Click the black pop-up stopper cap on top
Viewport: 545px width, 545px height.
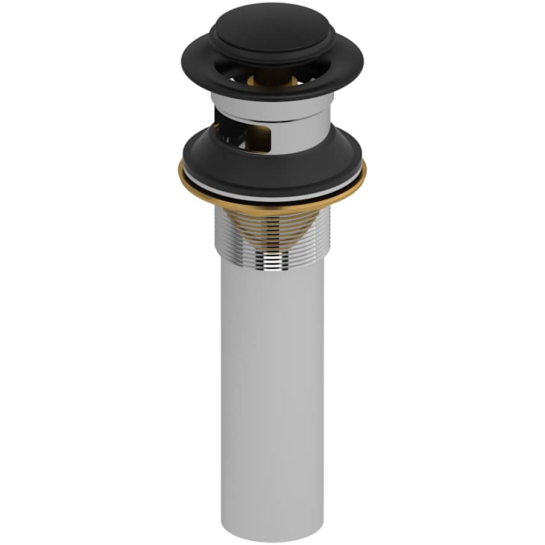(x=272, y=27)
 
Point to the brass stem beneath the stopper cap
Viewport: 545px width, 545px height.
(x=272, y=75)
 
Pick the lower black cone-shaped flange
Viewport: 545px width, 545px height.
(x=272, y=170)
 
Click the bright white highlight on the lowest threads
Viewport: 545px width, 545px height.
(x=272, y=262)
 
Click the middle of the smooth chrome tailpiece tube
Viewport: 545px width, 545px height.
(x=272, y=394)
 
